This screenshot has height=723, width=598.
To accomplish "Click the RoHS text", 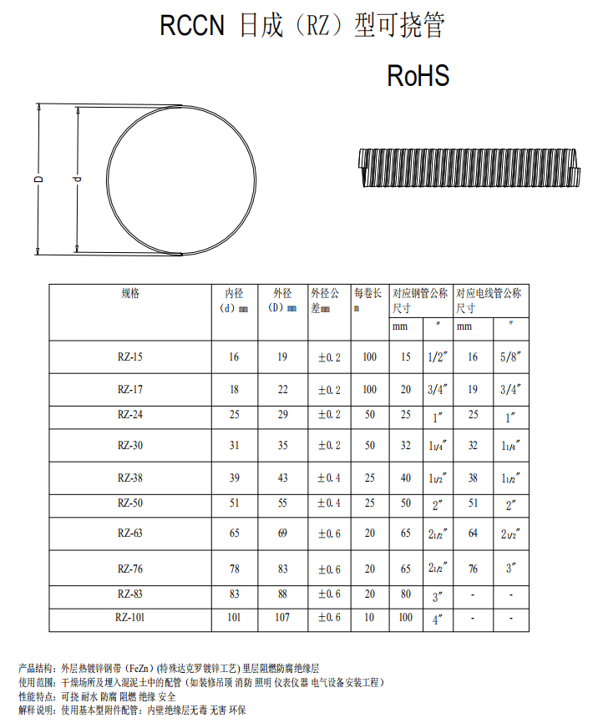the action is click(418, 76).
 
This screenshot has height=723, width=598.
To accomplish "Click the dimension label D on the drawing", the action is click(39, 179).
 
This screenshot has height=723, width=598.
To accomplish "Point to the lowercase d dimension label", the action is click(78, 179).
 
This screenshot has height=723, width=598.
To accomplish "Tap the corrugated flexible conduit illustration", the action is click(469, 167).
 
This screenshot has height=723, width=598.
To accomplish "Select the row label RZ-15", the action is click(130, 356).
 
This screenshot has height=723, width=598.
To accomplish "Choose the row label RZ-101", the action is click(130, 617).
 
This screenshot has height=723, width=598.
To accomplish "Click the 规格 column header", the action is click(130, 293).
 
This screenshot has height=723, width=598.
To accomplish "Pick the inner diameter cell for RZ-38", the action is click(235, 478).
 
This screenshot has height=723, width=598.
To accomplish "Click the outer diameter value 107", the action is click(282, 617).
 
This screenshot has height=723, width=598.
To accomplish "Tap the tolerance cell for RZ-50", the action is click(329, 503).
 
